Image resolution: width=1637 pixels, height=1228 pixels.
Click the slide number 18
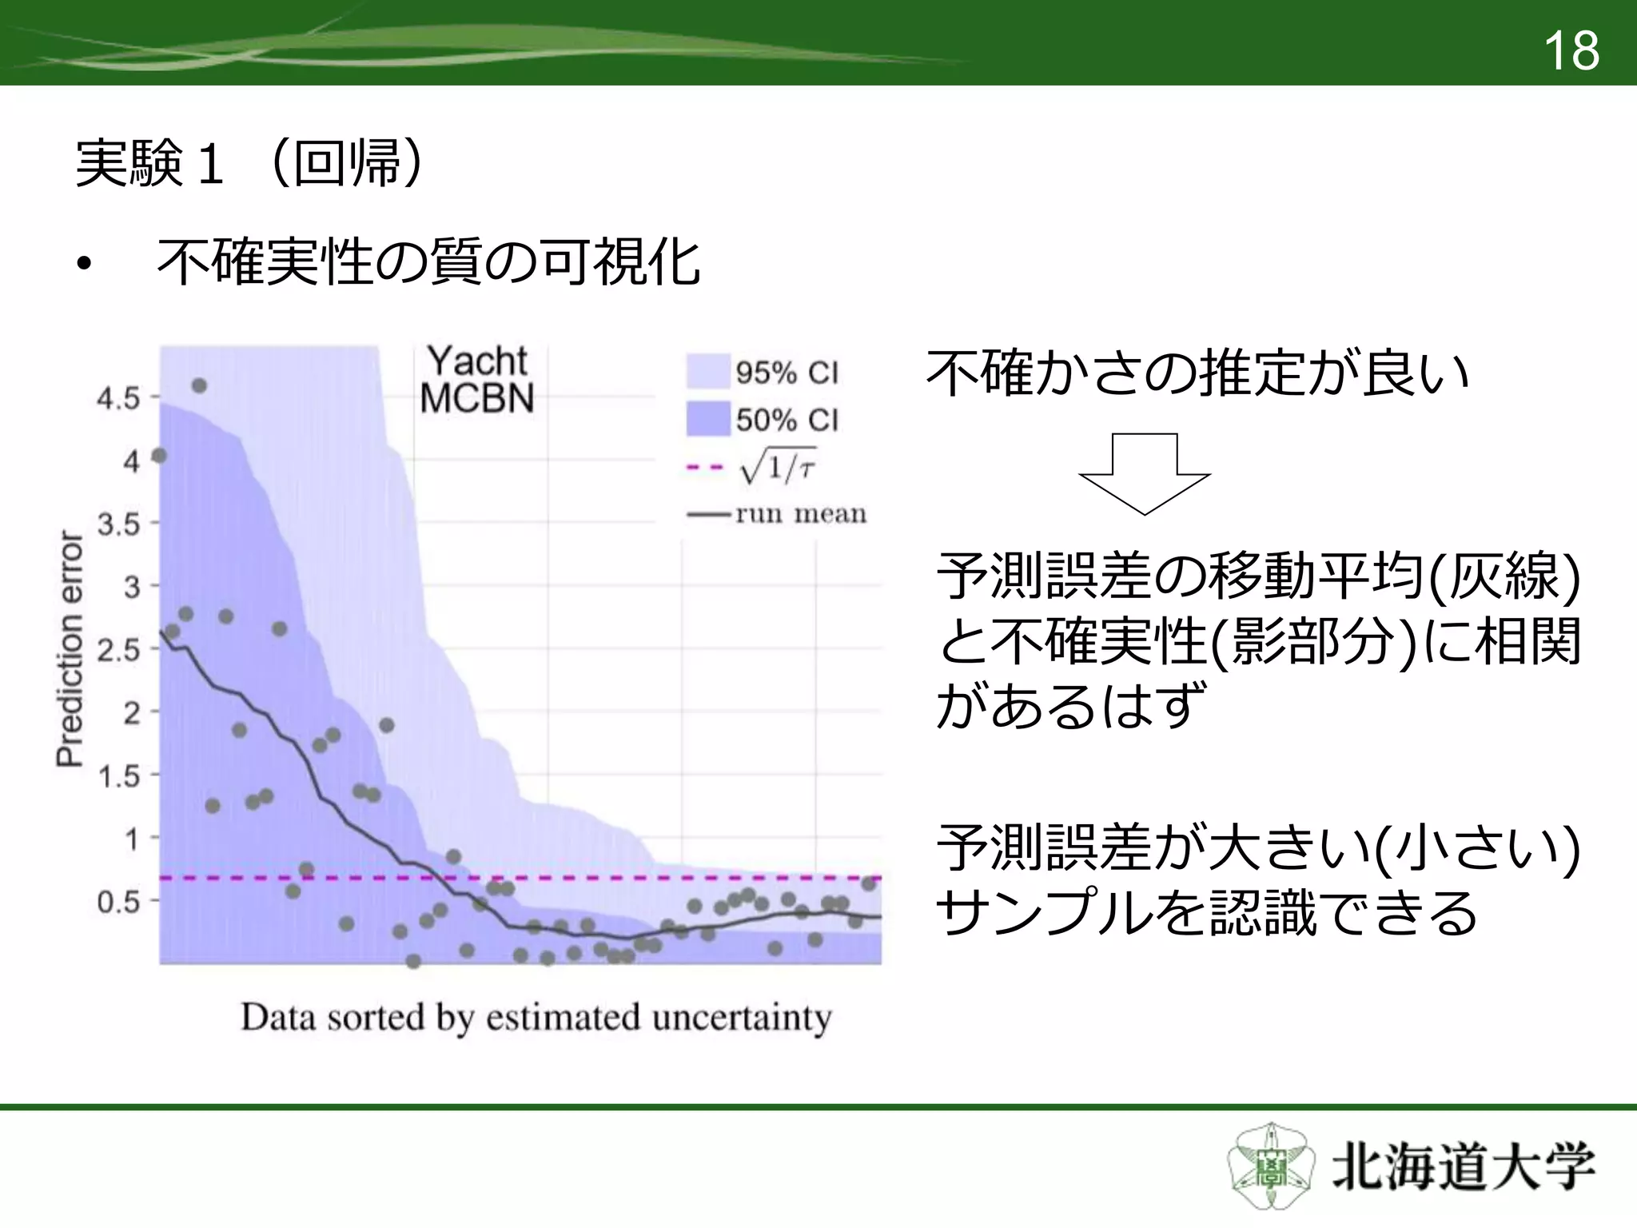click(1571, 51)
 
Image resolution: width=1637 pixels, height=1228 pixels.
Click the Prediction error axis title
click(70, 648)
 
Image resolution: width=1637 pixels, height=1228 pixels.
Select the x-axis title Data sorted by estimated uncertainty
click(536, 1018)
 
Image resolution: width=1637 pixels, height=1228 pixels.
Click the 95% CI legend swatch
click(708, 372)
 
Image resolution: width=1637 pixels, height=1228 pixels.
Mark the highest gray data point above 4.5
click(200, 386)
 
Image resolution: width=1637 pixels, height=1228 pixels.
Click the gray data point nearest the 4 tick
click(159, 456)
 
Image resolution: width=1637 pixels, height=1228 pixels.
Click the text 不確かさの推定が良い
click(1197, 373)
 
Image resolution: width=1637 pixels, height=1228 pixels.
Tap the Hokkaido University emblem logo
click(1270, 1167)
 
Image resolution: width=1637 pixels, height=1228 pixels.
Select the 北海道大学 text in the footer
click(1464, 1168)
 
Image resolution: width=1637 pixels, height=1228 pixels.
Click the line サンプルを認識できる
click(1206, 913)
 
